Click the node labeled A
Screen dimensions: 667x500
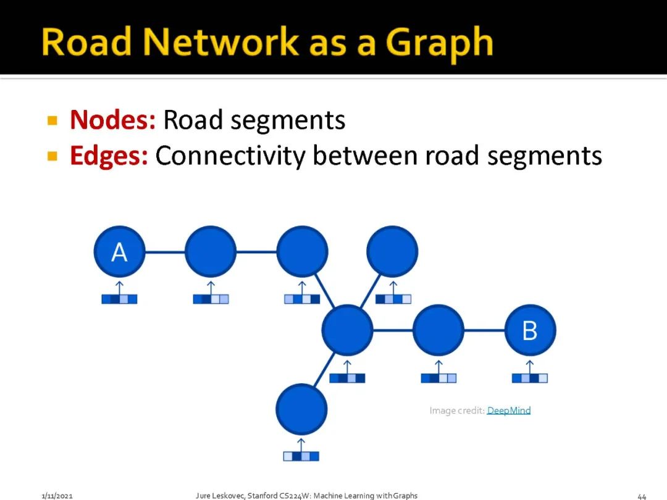coord(119,252)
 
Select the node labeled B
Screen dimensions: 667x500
coord(530,331)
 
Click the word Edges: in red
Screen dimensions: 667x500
coord(109,156)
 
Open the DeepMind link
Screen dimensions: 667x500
coord(509,410)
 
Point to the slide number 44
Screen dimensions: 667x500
coord(642,496)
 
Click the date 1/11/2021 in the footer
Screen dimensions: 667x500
coord(57,496)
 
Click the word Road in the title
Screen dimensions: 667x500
coord(86,43)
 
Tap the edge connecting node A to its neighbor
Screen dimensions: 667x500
coord(165,252)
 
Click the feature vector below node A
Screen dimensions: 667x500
coord(119,299)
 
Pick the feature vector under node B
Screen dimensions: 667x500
coord(530,378)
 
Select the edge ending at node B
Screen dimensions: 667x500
coord(484,331)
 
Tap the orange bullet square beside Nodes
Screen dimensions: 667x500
coord(52,120)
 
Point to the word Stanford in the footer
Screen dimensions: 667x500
coord(264,496)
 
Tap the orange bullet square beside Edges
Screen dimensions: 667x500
coord(52,156)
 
